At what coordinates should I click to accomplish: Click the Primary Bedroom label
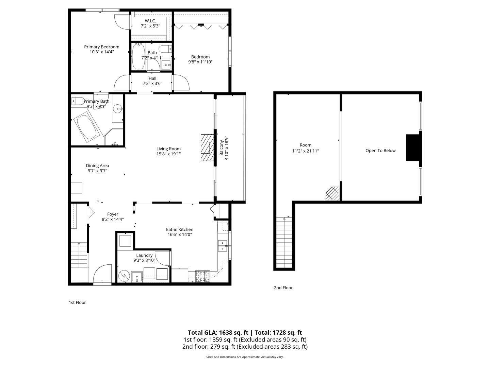tap(102, 47)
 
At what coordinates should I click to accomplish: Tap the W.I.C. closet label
tap(150, 21)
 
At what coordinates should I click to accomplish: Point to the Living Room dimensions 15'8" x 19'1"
tap(168, 154)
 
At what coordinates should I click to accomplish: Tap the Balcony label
tap(222, 148)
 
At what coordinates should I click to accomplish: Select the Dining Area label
tap(97, 165)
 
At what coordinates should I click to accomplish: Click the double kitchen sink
tap(223, 246)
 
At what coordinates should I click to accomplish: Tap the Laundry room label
tap(144, 255)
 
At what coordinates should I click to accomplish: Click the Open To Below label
tap(380, 151)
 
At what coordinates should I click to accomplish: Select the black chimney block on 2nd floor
tap(413, 147)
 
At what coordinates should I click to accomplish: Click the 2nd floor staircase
tap(284, 242)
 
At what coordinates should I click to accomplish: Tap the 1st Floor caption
tap(77, 302)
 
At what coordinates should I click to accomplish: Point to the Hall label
tap(152, 78)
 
